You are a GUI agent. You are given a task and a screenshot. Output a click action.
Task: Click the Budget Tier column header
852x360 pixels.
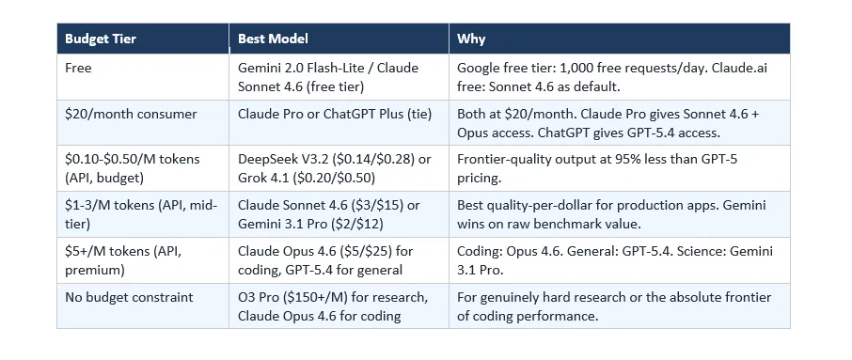click(100, 39)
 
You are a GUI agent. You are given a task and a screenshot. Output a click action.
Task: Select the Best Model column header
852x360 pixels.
click(273, 39)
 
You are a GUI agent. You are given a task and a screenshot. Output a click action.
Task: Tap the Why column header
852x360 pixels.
click(470, 39)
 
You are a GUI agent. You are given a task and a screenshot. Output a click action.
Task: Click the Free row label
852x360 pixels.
click(78, 69)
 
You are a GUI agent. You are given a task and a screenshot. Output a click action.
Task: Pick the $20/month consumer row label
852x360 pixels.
click(131, 115)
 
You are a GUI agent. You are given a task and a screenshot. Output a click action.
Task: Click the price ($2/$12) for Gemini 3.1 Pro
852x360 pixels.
click(355, 223)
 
